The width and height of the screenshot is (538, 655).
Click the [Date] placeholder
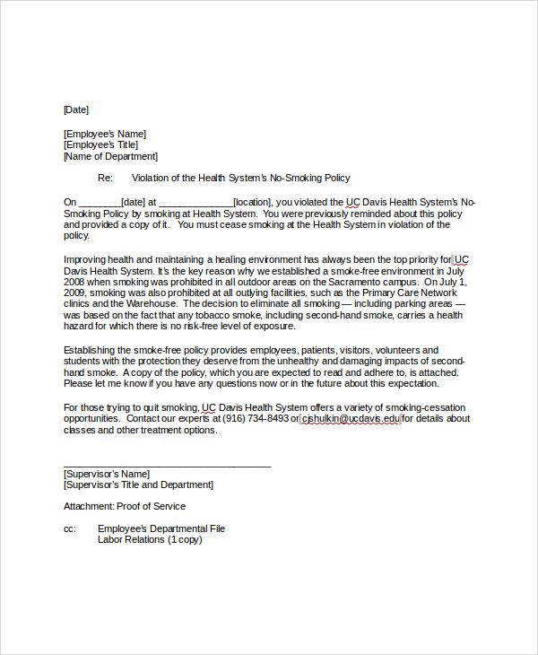(76, 109)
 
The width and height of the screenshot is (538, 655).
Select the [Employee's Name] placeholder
(104, 134)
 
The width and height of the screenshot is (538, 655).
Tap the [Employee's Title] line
(100, 144)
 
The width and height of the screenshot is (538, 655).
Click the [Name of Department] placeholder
(110, 156)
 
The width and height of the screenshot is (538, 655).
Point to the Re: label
(105, 178)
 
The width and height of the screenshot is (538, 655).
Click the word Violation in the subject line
(151, 178)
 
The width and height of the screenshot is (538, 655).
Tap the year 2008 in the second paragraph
(74, 282)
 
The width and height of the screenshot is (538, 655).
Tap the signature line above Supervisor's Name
(167, 465)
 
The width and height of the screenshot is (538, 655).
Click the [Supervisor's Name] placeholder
(107, 474)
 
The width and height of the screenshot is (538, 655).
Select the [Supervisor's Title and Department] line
(138, 485)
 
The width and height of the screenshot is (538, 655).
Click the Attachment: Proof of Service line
(125, 506)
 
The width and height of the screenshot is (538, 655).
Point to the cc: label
(70, 528)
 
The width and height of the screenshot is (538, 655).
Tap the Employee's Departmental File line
(161, 528)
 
